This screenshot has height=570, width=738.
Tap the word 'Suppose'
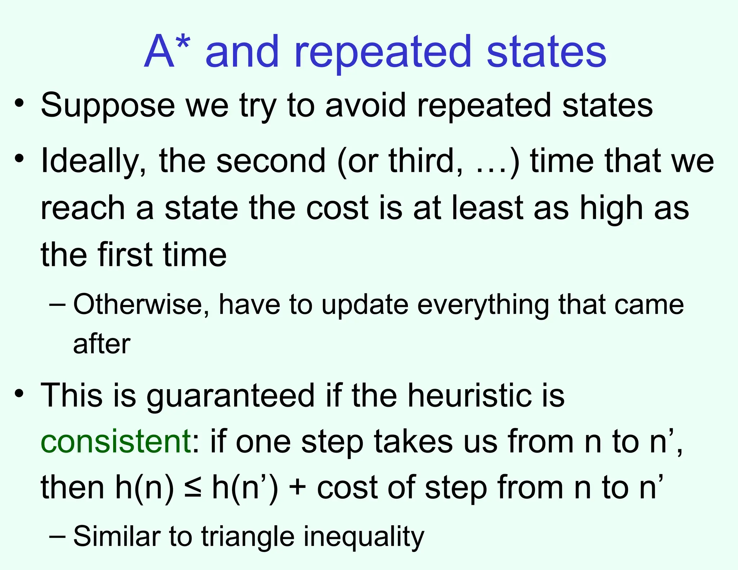[x=108, y=106]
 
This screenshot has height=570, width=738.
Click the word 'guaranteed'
[x=231, y=396]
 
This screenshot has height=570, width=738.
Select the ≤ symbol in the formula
[x=193, y=488]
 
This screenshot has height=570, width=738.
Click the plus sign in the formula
[x=297, y=488]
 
